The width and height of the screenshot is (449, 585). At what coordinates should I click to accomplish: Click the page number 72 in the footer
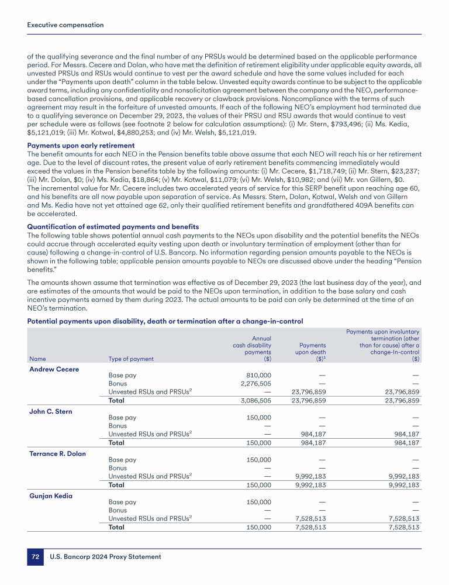click(x=35, y=558)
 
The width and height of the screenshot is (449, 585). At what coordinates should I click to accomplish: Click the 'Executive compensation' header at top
click(x=66, y=25)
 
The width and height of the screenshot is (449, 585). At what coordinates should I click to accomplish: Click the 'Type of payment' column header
click(x=132, y=359)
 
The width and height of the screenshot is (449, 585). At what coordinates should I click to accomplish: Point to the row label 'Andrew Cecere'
click(x=54, y=369)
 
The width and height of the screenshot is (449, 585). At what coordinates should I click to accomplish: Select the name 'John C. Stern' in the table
click(x=50, y=411)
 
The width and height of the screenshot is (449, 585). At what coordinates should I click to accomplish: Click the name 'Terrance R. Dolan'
click(x=57, y=453)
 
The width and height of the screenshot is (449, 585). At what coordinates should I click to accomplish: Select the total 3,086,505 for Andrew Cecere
click(x=257, y=401)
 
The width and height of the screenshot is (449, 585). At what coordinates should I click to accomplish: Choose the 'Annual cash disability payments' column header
click(x=252, y=348)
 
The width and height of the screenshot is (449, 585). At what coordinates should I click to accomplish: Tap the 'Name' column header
click(x=37, y=359)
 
